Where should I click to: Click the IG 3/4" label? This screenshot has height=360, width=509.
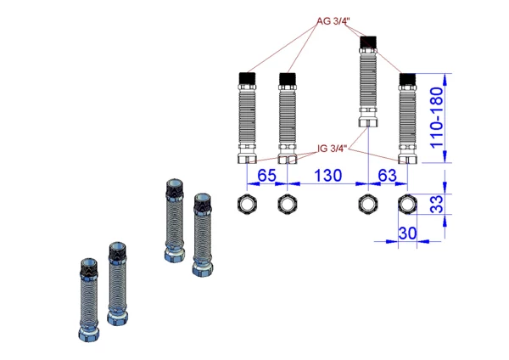click(332, 149)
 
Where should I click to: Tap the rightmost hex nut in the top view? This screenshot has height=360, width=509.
click(408, 204)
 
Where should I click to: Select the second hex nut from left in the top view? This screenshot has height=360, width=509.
click(287, 204)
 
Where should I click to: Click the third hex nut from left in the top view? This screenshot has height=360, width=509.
click(367, 204)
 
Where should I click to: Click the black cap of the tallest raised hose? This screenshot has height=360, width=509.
click(367, 42)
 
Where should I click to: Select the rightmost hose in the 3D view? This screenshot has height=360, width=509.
click(202, 234)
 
